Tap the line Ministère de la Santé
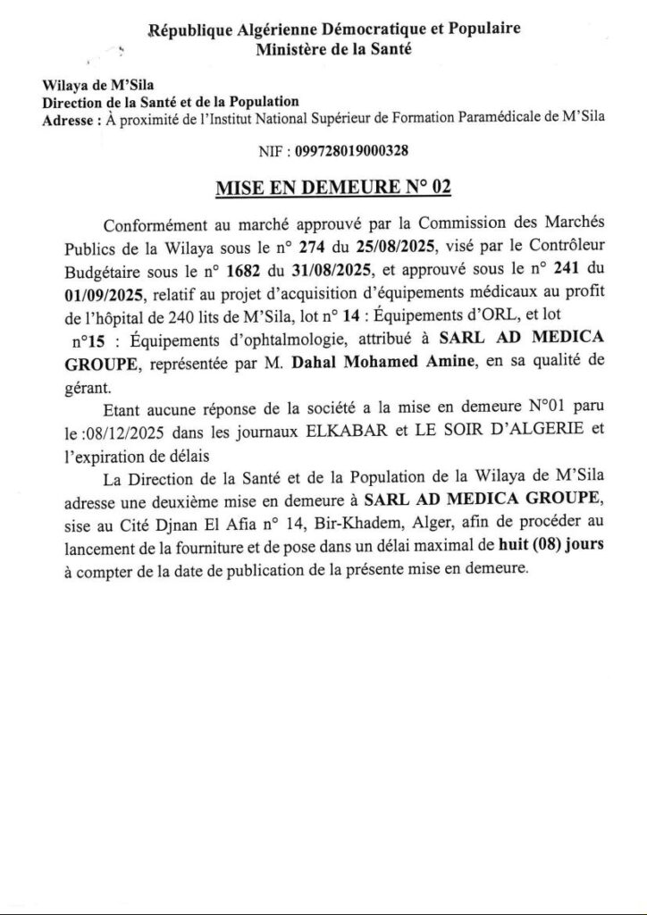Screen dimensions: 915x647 [x=333, y=51]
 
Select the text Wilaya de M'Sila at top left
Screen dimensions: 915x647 [x=86, y=86]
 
